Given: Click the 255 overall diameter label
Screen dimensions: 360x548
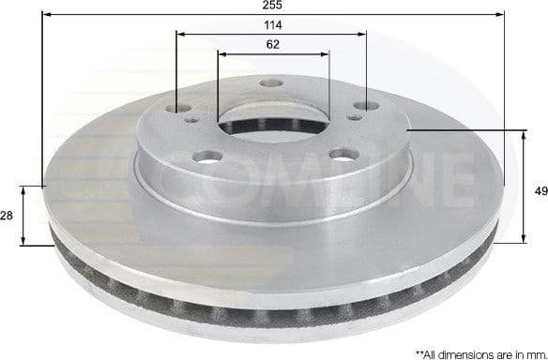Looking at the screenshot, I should [273, 6].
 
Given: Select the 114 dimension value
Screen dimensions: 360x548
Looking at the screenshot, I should [273, 24].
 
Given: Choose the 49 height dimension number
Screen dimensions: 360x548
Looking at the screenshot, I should [540, 191].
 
